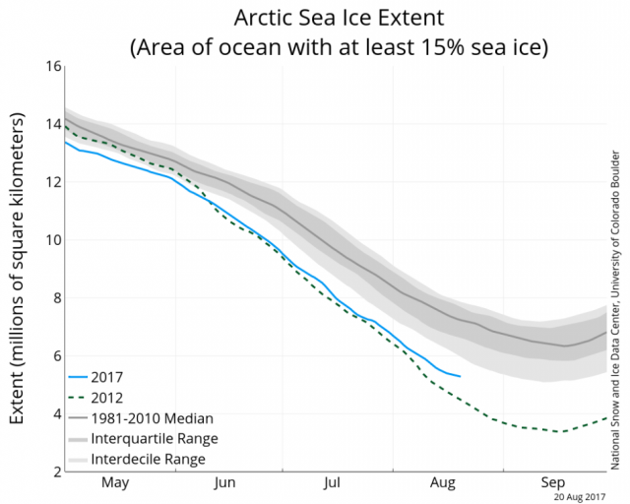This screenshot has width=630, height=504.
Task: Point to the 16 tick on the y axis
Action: pyautogui.click(x=50, y=66)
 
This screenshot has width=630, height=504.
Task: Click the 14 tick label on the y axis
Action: pyautogui.click(x=50, y=124)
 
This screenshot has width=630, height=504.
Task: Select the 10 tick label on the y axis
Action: pyautogui.click(x=50, y=240)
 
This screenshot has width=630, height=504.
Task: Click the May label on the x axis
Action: pyautogui.click(x=115, y=483)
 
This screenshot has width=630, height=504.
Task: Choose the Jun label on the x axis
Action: pyautogui.click(x=224, y=483)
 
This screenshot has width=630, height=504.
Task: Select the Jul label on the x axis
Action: pyautogui.click(x=333, y=483)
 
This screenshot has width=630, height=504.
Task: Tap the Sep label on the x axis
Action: pyautogui.click(x=552, y=483)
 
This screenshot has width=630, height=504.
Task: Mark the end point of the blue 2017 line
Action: pyautogui.click(x=460, y=376)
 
